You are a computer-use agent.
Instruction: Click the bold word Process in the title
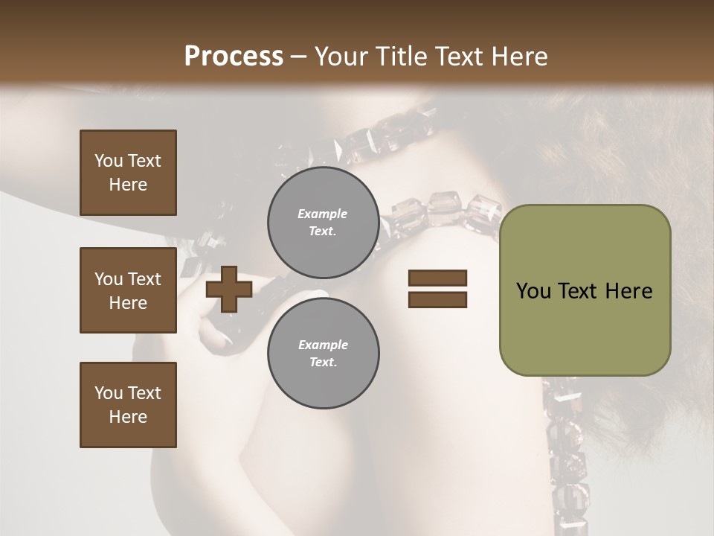[234, 56]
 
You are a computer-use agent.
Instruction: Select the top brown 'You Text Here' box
[128, 173]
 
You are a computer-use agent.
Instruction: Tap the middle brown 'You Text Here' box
[128, 290]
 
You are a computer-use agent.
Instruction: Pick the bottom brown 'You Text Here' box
[128, 405]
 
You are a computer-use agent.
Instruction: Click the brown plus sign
[228, 289]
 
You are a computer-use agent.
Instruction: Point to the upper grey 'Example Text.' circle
[323, 222]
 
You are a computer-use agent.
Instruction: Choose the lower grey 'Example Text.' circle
[323, 353]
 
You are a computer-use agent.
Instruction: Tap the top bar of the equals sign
[437, 278]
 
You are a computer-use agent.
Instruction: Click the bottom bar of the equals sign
[437, 299]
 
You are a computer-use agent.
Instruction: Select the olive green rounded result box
[585, 290]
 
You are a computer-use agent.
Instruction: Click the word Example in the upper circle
[323, 214]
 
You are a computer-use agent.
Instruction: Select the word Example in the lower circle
[323, 345]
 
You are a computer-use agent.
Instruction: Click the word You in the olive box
[533, 291]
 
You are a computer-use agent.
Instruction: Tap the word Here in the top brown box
[128, 185]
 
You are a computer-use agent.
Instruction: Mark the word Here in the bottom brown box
[128, 417]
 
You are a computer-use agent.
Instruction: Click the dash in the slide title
[299, 57]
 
